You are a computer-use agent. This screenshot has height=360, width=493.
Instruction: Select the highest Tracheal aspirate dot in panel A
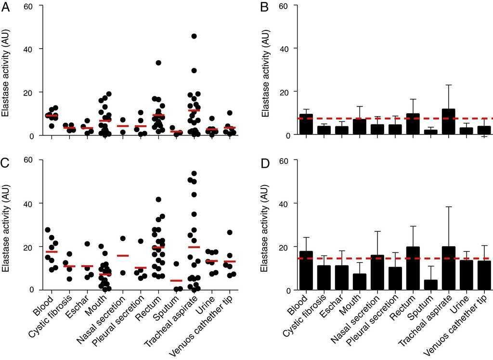194,36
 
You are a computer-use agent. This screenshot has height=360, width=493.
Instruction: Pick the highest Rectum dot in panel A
158,63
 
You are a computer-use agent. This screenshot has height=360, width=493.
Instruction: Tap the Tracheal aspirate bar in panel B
448,121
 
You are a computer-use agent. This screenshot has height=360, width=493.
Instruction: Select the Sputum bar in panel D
431,285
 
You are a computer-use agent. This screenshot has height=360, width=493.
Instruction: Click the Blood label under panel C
44,301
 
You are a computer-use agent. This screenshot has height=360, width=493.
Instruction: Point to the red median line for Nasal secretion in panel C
123,255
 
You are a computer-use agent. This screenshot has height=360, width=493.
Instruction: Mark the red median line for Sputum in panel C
176,280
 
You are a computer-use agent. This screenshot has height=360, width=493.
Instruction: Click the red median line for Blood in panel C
52,252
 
